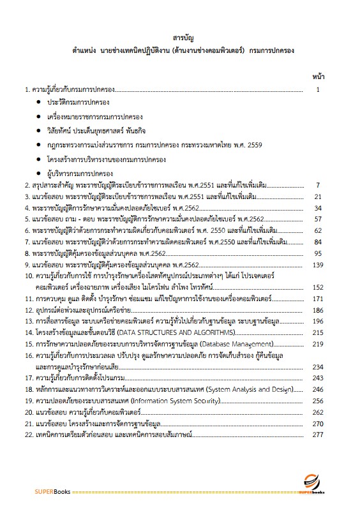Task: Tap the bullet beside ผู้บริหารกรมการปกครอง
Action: (40, 174)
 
